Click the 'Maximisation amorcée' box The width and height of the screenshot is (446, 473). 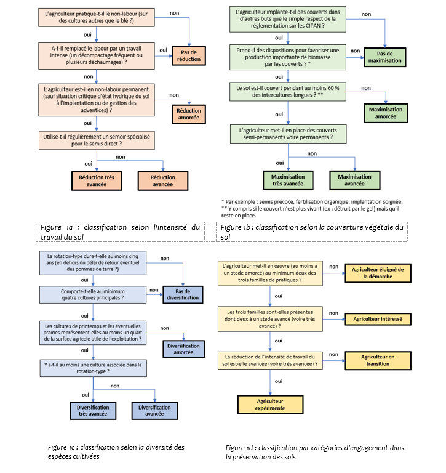(386, 113)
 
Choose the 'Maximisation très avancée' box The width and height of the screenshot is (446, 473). (287, 180)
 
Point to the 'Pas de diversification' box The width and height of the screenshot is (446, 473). (183, 294)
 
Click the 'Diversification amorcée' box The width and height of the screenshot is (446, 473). (183, 349)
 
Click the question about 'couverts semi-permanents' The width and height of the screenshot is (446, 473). (287, 134)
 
